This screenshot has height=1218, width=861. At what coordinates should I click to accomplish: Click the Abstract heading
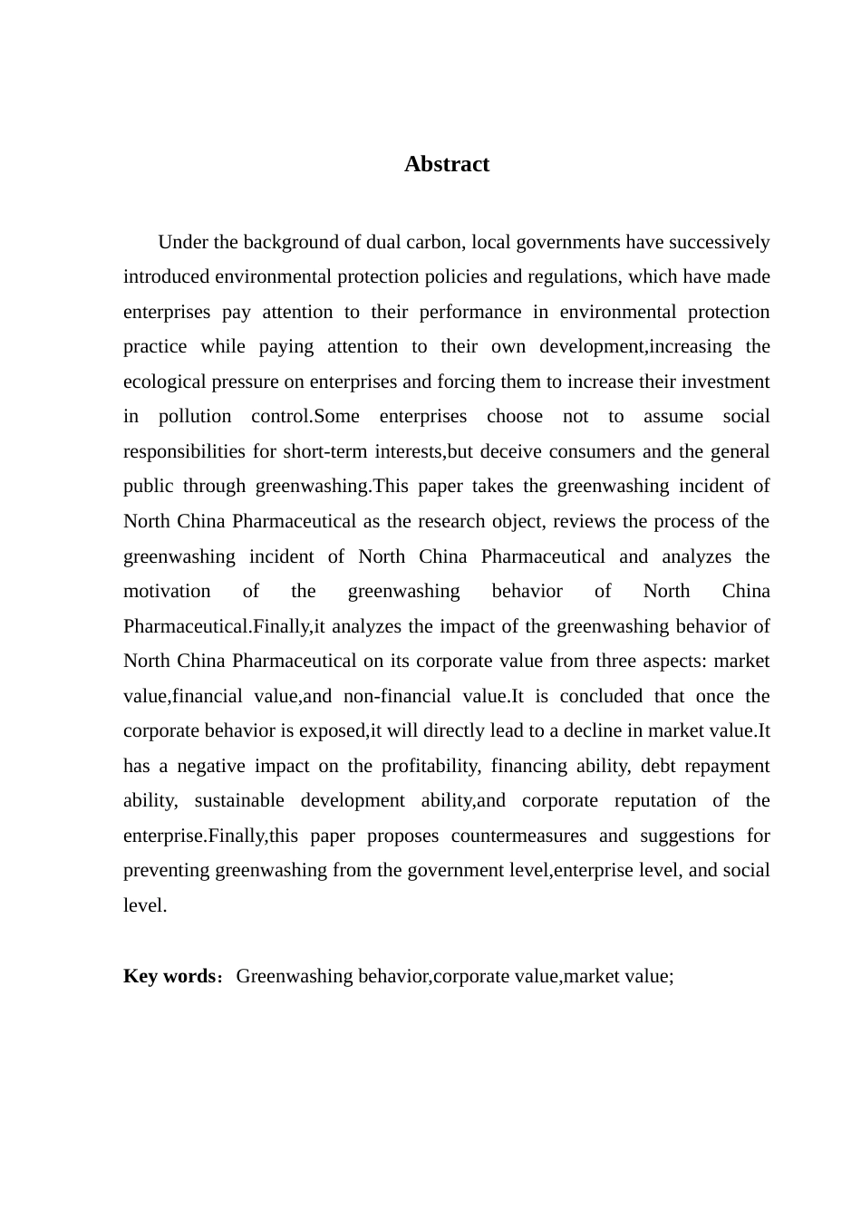point(447,164)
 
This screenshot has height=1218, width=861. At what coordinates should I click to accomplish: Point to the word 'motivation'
point(167,591)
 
